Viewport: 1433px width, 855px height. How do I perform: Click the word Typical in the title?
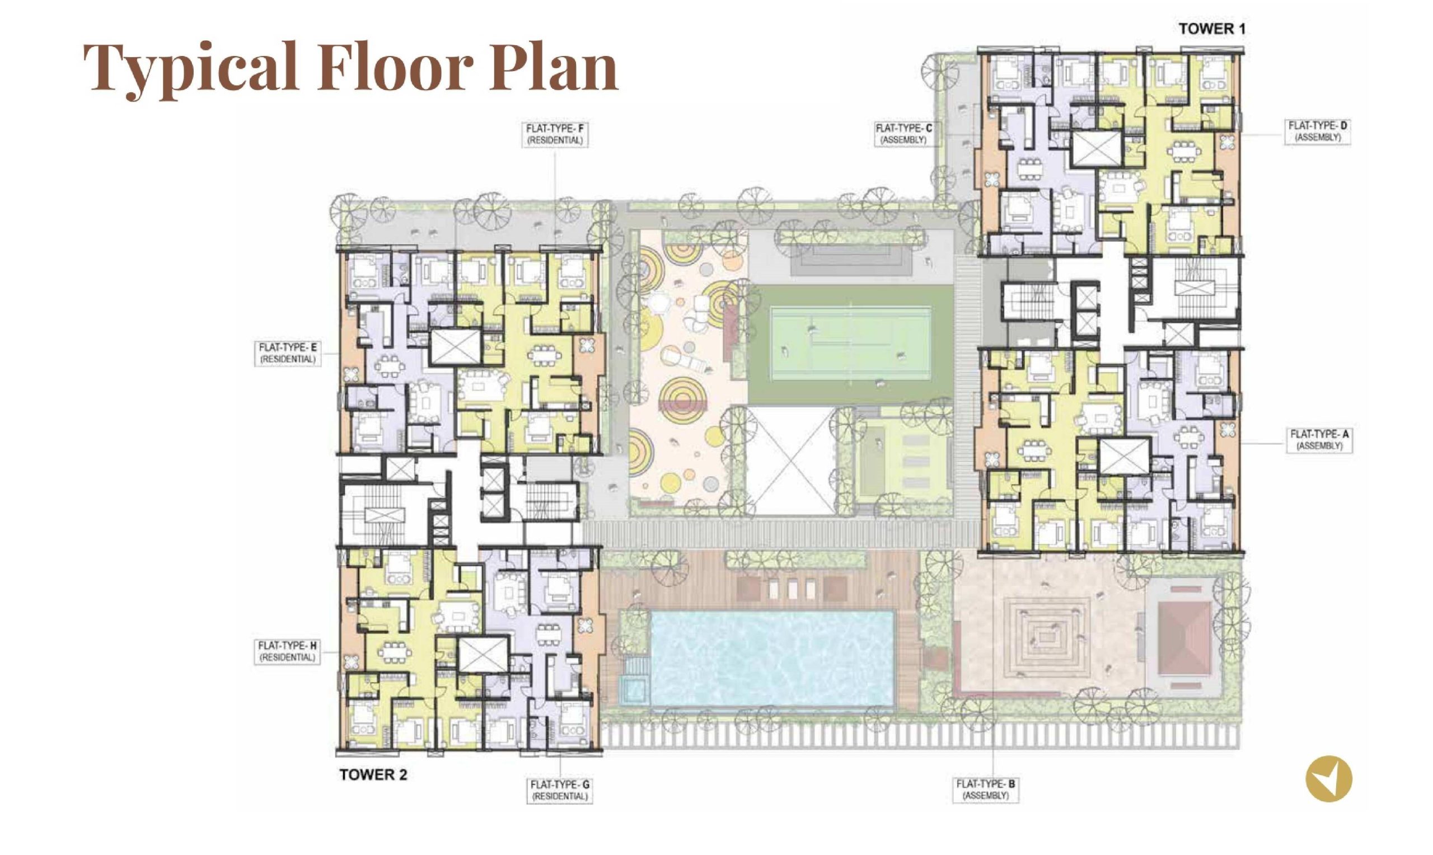(190, 68)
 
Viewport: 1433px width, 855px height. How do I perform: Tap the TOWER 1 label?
(1212, 29)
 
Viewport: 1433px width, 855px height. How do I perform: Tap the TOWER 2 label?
(373, 775)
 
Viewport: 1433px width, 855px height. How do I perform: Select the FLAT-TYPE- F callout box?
(555, 134)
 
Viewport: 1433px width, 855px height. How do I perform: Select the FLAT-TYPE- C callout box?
(903, 134)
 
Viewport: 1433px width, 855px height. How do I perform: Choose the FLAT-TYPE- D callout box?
(1318, 132)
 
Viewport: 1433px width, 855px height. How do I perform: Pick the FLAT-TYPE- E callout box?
(288, 353)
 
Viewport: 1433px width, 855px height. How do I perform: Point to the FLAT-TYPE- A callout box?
(1319, 440)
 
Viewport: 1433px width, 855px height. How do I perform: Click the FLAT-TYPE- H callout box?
(288, 652)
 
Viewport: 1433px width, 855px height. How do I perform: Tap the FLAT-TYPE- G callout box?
(560, 791)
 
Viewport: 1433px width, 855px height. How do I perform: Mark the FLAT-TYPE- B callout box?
(986, 790)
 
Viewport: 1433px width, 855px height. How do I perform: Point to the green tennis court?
(850, 344)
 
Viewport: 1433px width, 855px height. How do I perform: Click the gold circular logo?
(1329, 780)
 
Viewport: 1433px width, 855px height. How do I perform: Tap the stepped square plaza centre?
(1047, 637)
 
